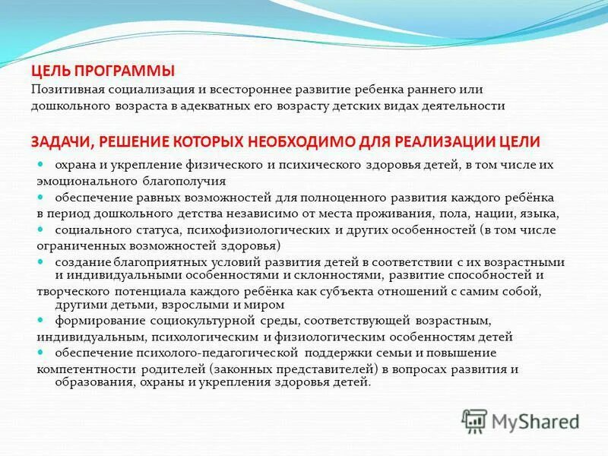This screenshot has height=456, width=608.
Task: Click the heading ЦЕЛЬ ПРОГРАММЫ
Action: (x=103, y=71)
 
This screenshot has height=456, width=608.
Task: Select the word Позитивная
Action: (x=64, y=90)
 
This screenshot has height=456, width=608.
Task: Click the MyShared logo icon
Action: (x=475, y=420)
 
